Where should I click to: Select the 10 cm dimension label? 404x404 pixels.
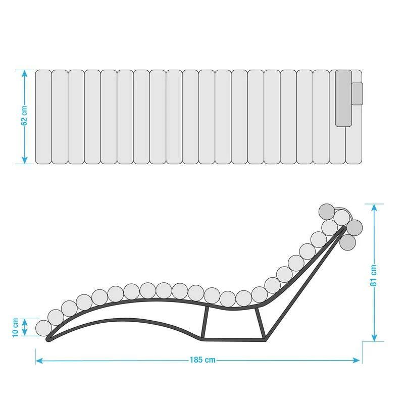coord(15,328)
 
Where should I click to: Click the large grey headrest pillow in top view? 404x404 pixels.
coord(343,98)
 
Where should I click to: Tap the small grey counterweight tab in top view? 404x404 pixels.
coord(357,94)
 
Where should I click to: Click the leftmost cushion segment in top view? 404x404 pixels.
coord(43,117)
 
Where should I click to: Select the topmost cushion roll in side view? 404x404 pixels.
coord(326,211)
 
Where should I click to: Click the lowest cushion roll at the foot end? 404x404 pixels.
coord(44,328)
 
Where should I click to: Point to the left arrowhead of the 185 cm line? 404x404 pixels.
coord(38,360)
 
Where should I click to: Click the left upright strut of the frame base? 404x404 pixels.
coord(204,323)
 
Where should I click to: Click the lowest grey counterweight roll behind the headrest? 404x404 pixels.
coord(347,241)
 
